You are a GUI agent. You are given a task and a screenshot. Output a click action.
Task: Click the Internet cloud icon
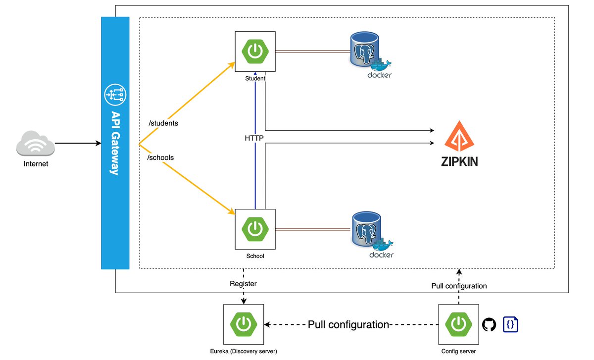[35, 144]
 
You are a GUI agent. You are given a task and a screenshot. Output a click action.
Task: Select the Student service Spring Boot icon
[255, 51]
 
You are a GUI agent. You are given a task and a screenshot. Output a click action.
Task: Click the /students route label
[163, 122]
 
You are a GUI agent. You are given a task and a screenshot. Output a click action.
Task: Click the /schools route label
[161, 157]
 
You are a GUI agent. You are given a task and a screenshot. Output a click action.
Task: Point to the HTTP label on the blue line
[254, 138]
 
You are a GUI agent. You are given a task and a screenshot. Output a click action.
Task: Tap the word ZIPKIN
[459, 162]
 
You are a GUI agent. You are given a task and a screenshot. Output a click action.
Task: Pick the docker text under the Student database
[380, 75]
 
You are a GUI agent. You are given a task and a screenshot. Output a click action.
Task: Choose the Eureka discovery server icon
[244, 324]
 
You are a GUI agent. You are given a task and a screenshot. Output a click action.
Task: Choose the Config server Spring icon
[459, 324]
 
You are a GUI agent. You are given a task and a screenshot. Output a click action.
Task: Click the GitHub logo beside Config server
[489, 325]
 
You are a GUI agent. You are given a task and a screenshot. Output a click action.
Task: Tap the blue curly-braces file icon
[510, 324]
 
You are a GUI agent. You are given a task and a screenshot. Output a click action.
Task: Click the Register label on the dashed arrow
[243, 284]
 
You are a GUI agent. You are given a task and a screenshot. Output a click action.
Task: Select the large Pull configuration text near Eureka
[348, 325]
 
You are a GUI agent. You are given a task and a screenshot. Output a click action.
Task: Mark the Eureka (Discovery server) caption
[244, 351]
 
